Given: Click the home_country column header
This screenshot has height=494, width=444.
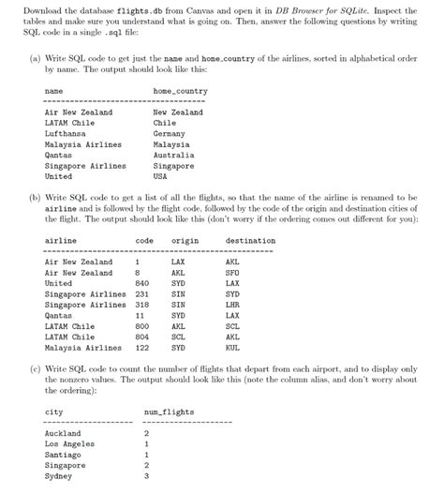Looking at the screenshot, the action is [x=180, y=91].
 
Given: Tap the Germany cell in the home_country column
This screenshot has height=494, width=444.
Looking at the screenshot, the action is [x=170, y=134].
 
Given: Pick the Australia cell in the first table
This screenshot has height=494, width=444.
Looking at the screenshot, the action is [x=174, y=155].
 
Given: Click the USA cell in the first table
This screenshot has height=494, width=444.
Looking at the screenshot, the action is [x=160, y=176].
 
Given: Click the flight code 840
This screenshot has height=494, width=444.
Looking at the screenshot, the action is [x=142, y=282].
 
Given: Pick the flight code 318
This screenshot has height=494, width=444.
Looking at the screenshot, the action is [x=142, y=304].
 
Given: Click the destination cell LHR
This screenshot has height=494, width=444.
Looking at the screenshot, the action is [x=232, y=304].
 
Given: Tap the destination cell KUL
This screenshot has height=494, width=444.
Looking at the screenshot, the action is [x=232, y=346].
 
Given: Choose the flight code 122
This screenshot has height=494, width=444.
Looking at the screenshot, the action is [x=142, y=346].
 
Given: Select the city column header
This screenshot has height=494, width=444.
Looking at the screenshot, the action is [x=53, y=412].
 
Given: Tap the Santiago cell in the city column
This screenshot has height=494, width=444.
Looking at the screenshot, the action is [x=65, y=455].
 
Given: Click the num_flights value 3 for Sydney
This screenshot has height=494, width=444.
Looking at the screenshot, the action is [x=146, y=475].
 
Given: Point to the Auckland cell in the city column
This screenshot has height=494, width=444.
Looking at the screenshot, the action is [x=64, y=433].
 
